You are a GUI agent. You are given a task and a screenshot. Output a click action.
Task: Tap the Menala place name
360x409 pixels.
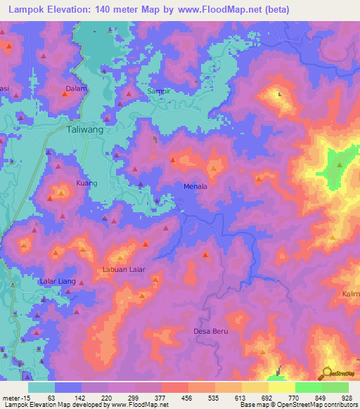tap(195, 187)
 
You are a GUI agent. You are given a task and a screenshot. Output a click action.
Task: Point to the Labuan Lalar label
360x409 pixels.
tap(124, 269)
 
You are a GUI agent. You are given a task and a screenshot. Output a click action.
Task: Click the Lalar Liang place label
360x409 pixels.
tap(58, 281)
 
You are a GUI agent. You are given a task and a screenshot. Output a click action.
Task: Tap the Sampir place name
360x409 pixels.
tap(159, 92)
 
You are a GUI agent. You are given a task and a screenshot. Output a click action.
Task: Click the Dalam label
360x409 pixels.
tap(75, 89)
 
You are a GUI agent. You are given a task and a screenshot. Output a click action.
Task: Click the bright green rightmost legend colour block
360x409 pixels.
tap(335, 387)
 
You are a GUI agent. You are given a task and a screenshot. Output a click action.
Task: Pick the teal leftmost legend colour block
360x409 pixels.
tap(41, 387)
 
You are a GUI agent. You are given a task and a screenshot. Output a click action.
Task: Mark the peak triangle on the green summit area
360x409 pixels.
tap(340, 166)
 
